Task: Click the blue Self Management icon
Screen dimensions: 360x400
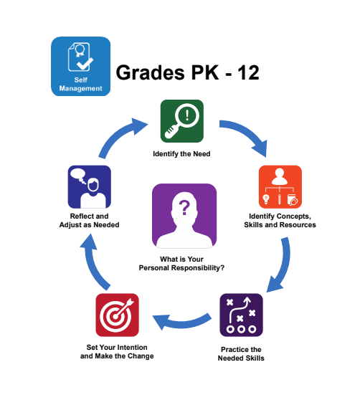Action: click(x=80, y=67)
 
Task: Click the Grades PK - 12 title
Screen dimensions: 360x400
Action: click(x=187, y=72)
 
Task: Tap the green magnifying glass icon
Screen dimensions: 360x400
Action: click(x=182, y=121)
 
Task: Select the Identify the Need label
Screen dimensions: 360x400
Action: click(x=181, y=154)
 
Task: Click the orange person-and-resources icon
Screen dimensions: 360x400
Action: click(x=280, y=186)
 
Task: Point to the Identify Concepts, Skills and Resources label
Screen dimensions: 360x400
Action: click(x=280, y=220)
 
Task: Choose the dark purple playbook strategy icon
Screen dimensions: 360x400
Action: click(x=241, y=315)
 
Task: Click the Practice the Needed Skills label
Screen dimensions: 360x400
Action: click(x=241, y=353)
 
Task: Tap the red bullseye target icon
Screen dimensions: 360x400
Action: click(x=117, y=315)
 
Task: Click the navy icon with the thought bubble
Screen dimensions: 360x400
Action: click(x=90, y=186)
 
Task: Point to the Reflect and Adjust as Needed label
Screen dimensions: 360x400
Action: click(x=90, y=220)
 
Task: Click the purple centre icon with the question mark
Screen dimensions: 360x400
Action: click(x=184, y=216)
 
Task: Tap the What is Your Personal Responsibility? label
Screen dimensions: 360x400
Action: click(x=181, y=264)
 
